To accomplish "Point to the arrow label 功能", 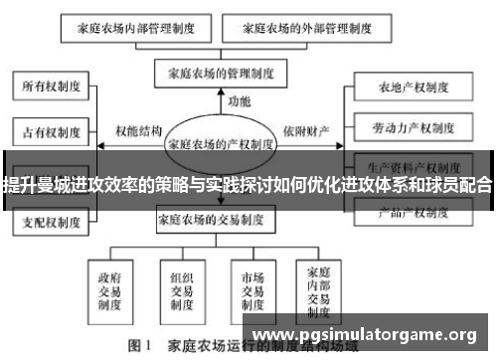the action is [x=239, y=102].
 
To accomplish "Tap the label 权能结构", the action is [x=139, y=131].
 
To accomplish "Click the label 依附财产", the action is [x=304, y=131].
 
